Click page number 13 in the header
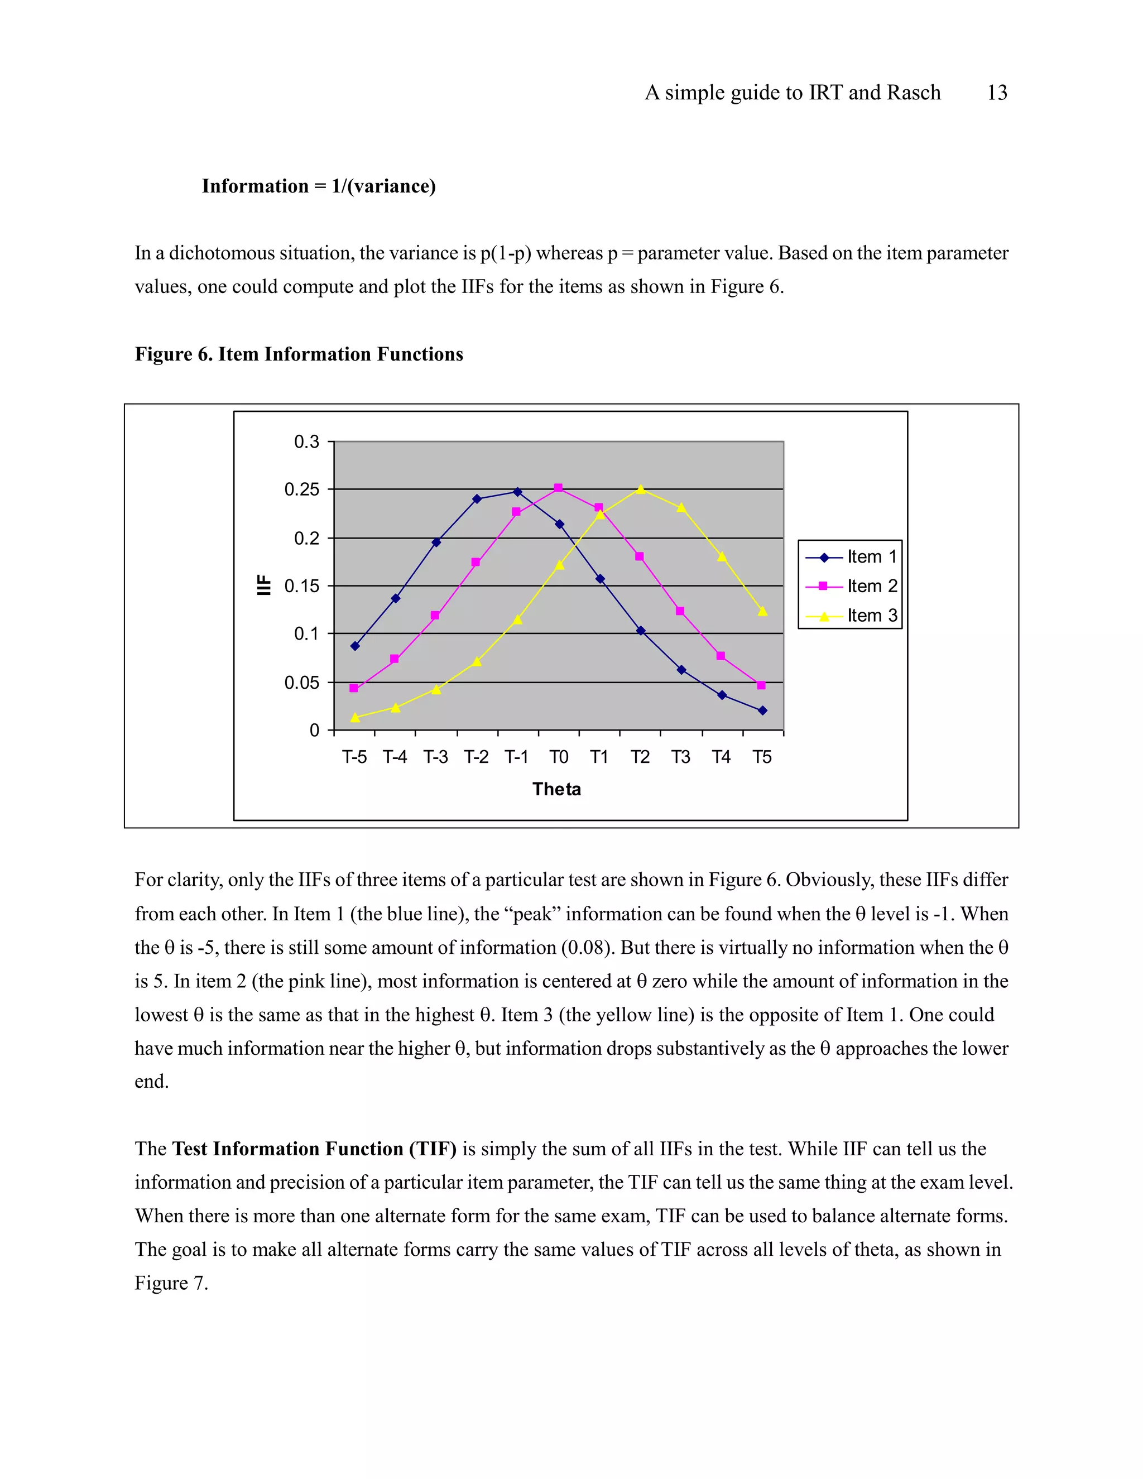pos(997,93)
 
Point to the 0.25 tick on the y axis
pos(301,489)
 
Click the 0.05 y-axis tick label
pos(301,683)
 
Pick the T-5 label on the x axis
pos(354,757)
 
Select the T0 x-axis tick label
pos(559,757)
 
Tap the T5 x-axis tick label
pos(762,757)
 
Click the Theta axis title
pos(556,789)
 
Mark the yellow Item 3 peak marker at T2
pos(641,489)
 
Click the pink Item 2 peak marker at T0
pos(558,488)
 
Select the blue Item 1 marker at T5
pos(762,710)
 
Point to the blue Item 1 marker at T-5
pos(355,646)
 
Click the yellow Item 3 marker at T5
pos(762,612)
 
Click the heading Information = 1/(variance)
pos(318,186)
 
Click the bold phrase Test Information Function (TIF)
pos(314,1149)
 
